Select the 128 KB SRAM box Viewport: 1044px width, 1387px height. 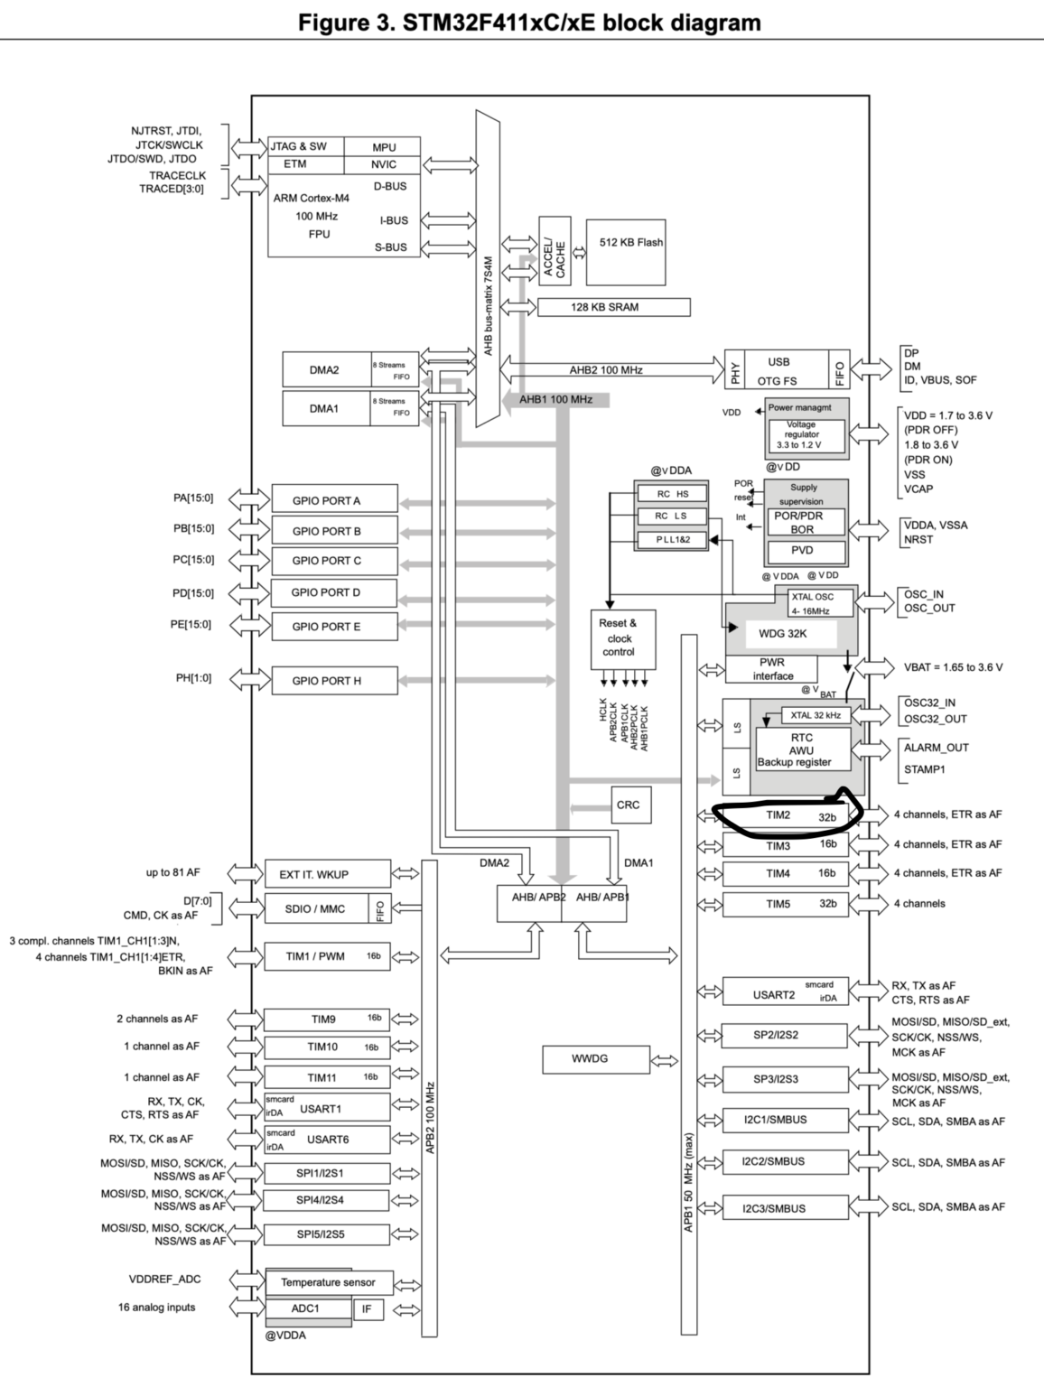[x=613, y=307]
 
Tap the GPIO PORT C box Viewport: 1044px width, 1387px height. [x=334, y=561]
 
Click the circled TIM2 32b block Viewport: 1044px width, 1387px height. [x=785, y=815]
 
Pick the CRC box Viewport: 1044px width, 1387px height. [x=628, y=805]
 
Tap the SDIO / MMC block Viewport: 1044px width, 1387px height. [x=315, y=908]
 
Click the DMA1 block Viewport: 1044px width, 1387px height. [x=325, y=408]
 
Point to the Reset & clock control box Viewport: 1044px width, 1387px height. [x=619, y=638]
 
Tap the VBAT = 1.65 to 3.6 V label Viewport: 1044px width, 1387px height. [x=953, y=667]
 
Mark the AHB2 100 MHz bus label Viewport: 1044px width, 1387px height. [x=605, y=370]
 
